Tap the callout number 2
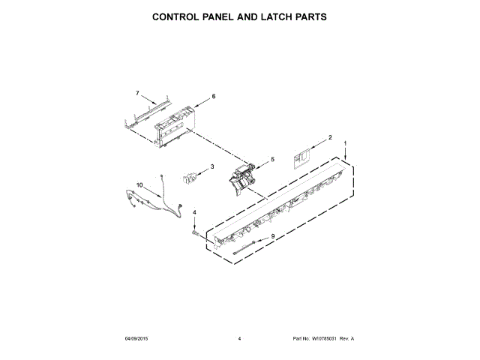click(330, 138)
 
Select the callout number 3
click(212, 166)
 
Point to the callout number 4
click(194, 213)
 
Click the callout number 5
click(272, 159)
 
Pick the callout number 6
click(213, 97)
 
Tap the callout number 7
click(137, 94)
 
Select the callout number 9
click(273, 237)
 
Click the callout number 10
click(139, 185)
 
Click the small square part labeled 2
click(304, 157)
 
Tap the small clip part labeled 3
click(189, 177)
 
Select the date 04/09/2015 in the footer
click(136, 339)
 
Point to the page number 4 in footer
click(239, 339)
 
